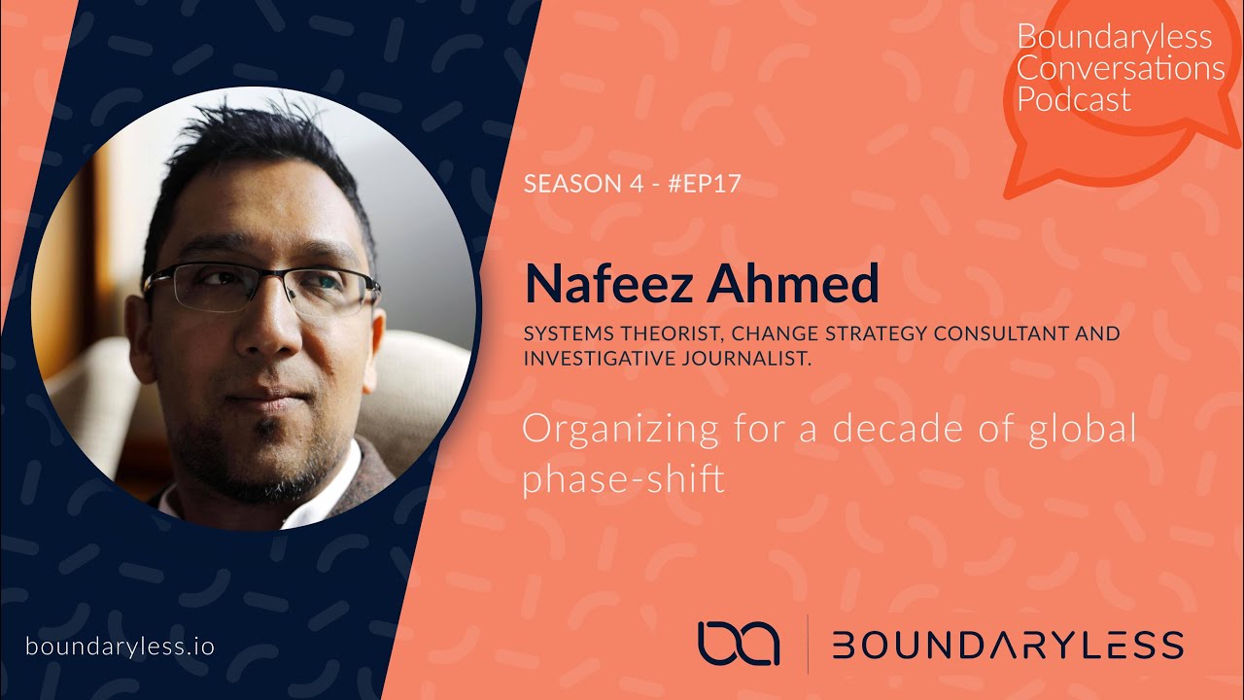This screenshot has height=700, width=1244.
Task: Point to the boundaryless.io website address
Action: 121,646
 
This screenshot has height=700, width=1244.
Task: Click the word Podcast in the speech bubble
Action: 1074,100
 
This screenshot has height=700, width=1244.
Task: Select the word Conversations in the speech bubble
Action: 1120,68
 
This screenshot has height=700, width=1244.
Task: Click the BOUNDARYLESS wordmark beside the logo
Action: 1008,645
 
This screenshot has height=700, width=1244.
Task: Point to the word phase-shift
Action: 623,479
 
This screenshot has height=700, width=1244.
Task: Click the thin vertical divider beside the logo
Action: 808,644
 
